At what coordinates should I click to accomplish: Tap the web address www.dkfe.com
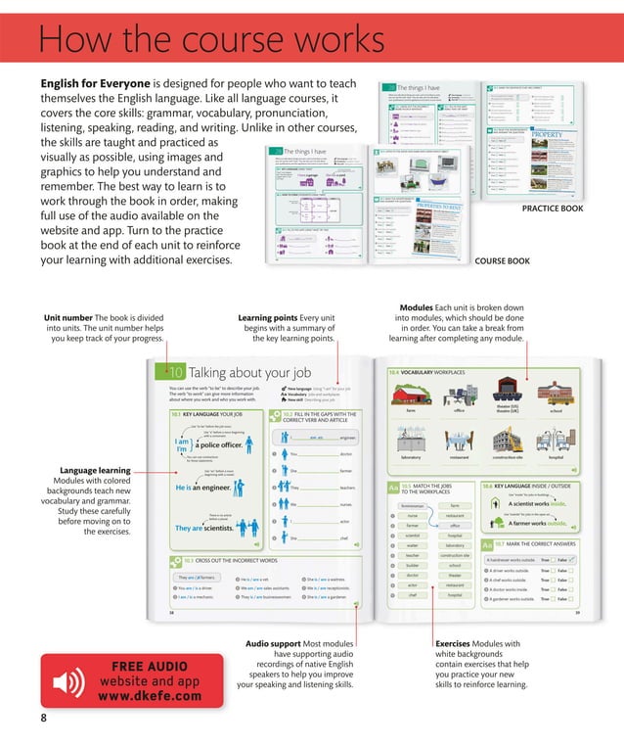pos(150,696)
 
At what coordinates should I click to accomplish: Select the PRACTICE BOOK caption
pos(553,209)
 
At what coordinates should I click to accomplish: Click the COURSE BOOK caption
pos(502,261)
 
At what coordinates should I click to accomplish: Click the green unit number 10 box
pos(174,372)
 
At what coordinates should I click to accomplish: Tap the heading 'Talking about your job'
pos(250,372)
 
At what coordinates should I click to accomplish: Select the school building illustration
pos(556,394)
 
